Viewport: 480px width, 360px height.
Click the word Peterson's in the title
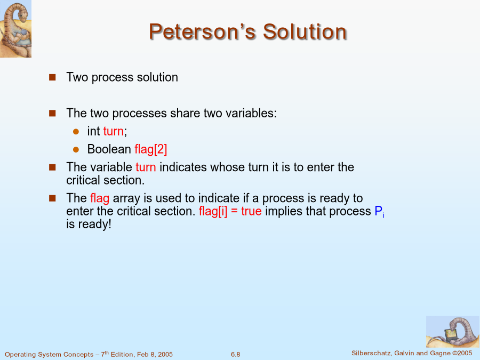(202, 31)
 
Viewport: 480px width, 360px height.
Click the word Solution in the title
(305, 31)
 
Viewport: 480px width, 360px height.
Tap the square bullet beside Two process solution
(52, 77)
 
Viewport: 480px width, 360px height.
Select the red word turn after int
(114, 131)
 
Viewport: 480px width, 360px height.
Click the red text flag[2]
(151, 149)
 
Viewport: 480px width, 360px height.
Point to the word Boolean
(109, 149)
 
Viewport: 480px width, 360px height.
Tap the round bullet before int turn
(76, 132)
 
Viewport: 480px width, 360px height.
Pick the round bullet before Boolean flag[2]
(76, 150)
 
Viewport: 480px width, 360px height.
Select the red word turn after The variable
(146, 167)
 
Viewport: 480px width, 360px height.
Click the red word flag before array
(100, 198)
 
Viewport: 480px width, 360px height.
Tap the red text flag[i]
(213, 211)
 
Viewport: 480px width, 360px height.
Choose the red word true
(251, 211)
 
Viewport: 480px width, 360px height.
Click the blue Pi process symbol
(379, 212)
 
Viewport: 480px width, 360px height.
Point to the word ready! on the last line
(94, 225)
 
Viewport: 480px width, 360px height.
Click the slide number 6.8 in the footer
(235, 355)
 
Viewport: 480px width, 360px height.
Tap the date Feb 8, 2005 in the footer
(155, 355)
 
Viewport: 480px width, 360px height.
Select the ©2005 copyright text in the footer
(462, 353)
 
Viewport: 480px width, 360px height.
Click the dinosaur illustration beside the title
(15, 29)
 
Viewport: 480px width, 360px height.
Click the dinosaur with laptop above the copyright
(453, 332)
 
